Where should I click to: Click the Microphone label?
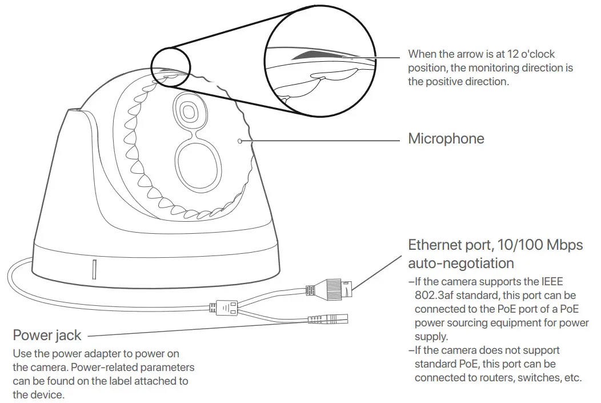(x=446, y=138)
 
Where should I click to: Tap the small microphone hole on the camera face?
(x=240, y=139)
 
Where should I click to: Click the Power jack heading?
(x=47, y=335)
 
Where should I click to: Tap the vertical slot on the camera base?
(x=94, y=268)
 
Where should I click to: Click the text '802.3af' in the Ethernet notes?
(x=435, y=296)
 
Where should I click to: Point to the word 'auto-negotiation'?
(x=460, y=263)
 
